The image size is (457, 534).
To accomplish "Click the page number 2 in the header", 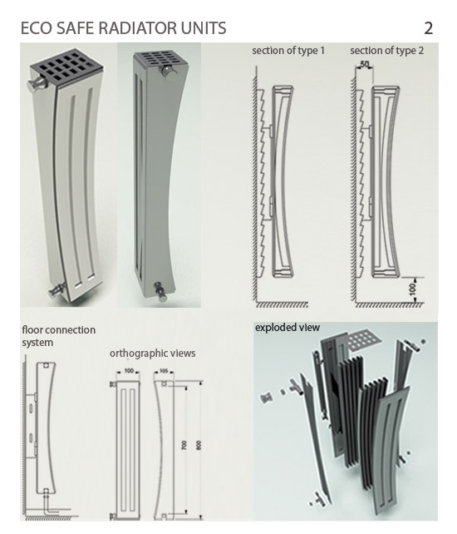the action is tap(428, 28).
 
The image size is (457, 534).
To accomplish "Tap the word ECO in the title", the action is tap(37, 28).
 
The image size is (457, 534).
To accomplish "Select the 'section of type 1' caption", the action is tap(288, 51).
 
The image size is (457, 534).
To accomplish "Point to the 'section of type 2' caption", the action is tap(387, 51).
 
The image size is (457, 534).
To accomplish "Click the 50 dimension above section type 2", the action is tap(364, 64).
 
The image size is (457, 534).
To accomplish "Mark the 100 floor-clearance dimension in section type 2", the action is tap(412, 289).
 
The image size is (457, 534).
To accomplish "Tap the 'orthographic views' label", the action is tap(152, 354).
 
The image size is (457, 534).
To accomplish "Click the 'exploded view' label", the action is tap(287, 328).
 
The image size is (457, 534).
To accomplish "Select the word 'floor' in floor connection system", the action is tap(32, 329).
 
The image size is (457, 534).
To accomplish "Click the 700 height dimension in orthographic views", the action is tap(184, 445).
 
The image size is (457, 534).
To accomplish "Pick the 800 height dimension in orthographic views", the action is tap(199, 445).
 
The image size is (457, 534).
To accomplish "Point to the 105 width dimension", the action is tap(164, 371).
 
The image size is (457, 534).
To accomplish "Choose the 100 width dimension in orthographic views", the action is tap(129, 371).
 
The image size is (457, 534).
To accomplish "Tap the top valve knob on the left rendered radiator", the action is tap(35, 85).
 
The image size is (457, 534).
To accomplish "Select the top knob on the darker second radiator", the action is tap(167, 72).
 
